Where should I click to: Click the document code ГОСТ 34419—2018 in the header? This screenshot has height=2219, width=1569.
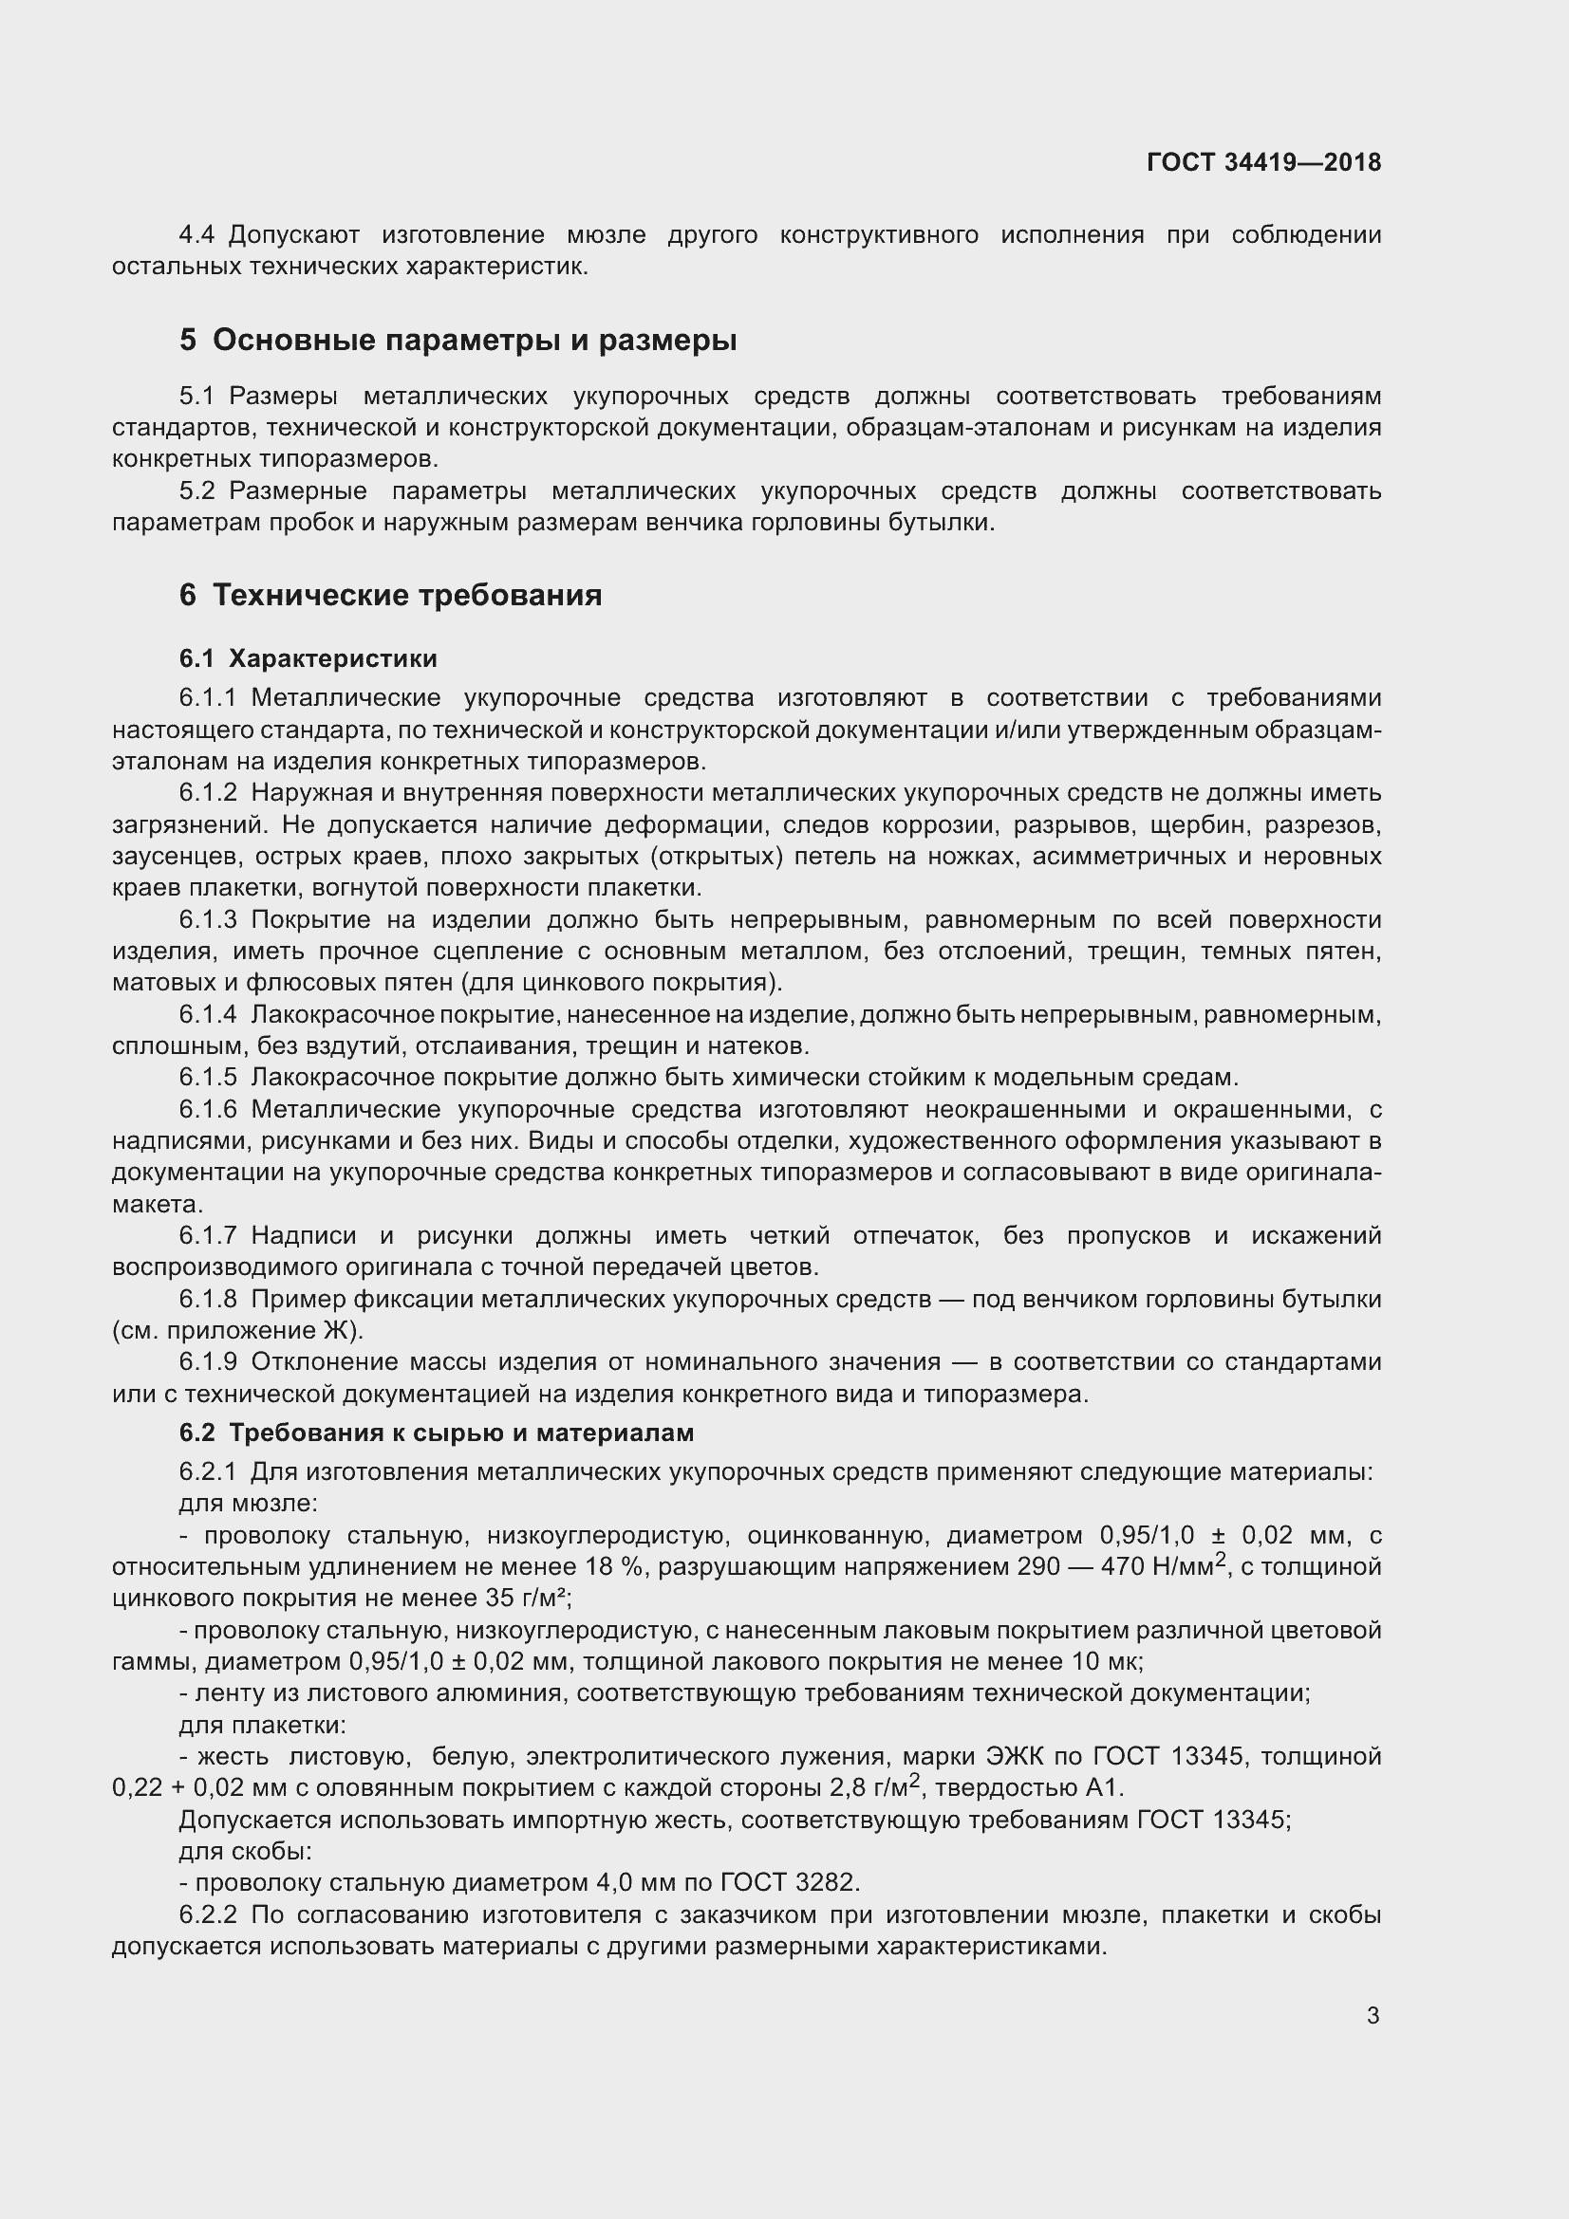[1263, 162]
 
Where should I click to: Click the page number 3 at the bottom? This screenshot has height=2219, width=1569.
[1373, 2016]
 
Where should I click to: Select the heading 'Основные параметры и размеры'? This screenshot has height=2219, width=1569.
[474, 341]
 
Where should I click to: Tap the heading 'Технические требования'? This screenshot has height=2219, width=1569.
[407, 596]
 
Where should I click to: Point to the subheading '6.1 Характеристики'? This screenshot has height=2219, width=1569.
[308, 659]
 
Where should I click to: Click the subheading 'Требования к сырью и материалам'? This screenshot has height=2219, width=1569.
[461, 1433]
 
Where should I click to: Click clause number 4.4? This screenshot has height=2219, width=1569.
[201, 235]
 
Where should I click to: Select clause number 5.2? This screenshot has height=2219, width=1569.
[197, 491]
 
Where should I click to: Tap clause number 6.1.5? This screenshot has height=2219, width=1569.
[208, 1078]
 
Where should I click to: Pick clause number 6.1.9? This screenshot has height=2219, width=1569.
[208, 1362]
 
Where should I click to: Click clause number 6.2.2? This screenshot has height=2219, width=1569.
[208, 1915]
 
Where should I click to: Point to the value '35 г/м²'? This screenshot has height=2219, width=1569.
[527, 1600]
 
